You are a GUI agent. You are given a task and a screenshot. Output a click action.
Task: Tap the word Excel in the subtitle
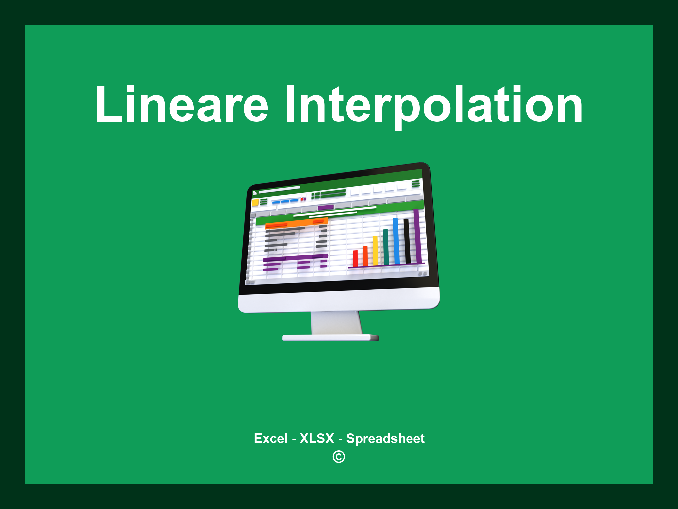(270, 439)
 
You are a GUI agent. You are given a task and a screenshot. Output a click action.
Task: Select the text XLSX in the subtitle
(317, 439)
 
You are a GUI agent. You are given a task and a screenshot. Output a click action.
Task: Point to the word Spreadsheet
(385, 439)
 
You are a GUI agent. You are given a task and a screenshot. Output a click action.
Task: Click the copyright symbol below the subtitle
(339, 457)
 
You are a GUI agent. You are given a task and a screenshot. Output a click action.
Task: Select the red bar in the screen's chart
(355, 258)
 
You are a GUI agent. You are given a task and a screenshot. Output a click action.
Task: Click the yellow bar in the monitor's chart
(375, 251)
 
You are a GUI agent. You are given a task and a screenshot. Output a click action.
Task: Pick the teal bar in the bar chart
(386, 247)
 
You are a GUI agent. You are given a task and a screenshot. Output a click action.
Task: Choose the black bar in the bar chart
(407, 241)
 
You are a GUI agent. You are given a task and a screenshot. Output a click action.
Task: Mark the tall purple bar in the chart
(417, 236)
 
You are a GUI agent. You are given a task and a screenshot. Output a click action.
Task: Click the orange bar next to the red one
(365, 256)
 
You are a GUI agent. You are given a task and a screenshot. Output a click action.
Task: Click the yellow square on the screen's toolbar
(255, 202)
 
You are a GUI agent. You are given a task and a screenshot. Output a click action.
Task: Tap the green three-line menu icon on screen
(416, 183)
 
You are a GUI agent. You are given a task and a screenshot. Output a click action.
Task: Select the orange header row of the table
(296, 223)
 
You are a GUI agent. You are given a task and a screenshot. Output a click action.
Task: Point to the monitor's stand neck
(336, 323)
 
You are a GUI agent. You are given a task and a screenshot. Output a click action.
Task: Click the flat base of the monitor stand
(330, 338)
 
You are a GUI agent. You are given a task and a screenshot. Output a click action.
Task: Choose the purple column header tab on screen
(326, 207)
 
